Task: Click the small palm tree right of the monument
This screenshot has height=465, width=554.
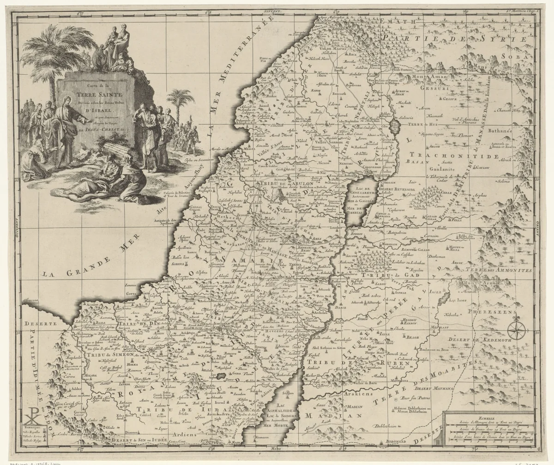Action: [x=180, y=99]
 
